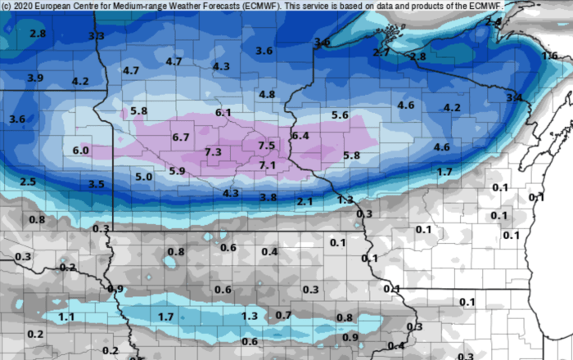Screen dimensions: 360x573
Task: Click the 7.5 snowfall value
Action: (x=267, y=145)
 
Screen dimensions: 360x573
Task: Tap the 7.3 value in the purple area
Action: (x=213, y=152)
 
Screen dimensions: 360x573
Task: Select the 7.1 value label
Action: (x=267, y=165)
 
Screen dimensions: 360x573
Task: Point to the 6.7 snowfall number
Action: (x=181, y=137)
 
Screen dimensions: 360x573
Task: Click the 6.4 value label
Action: (x=300, y=135)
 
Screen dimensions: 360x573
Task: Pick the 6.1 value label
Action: (x=223, y=112)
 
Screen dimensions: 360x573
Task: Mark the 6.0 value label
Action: (x=80, y=151)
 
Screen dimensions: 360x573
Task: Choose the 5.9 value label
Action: (x=177, y=170)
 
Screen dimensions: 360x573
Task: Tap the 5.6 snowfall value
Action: (x=341, y=115)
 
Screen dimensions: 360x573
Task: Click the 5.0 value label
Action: (x=144, y=176)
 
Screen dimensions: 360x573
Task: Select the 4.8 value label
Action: (x=267, y=94)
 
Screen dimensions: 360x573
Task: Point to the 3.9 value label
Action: (x=35, y=78)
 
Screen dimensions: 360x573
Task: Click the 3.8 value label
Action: (x=268, y=197)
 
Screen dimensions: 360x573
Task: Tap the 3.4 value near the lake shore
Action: (x=514, y=98)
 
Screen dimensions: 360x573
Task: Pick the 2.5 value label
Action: (x=28, y=181)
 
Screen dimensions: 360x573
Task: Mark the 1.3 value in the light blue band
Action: (x=250, y=316)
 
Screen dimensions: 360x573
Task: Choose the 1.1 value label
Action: (x=67, y=317)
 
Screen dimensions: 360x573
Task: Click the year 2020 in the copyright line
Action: (x=25, y=6)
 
